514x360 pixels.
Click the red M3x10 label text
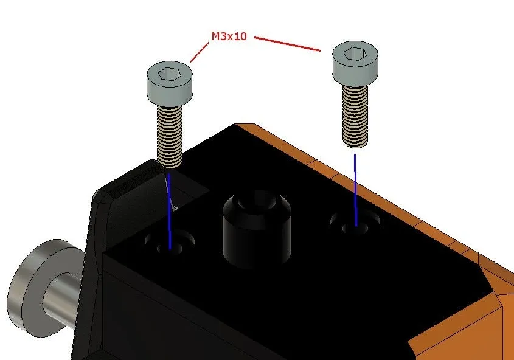tap(229, 36)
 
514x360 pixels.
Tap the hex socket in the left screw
tap(168, 74)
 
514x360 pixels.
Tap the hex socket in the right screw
tap(353, 54)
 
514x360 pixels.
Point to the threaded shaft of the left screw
tap(170, 137)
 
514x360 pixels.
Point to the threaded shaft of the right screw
tap(355, 116)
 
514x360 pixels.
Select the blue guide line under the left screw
tap(169, 211)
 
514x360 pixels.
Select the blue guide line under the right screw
tap(355, 190)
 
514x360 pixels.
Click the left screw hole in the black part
tap(170, 243)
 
